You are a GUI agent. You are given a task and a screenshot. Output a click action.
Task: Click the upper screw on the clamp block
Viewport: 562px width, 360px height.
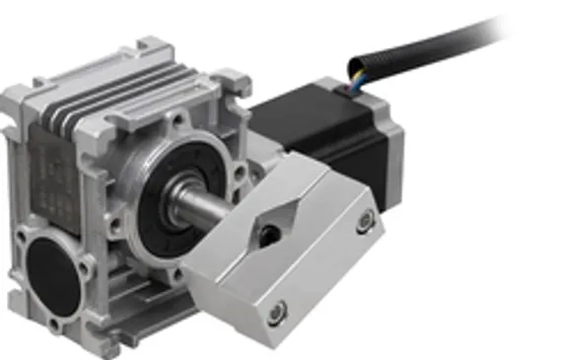[x=366, y=218]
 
